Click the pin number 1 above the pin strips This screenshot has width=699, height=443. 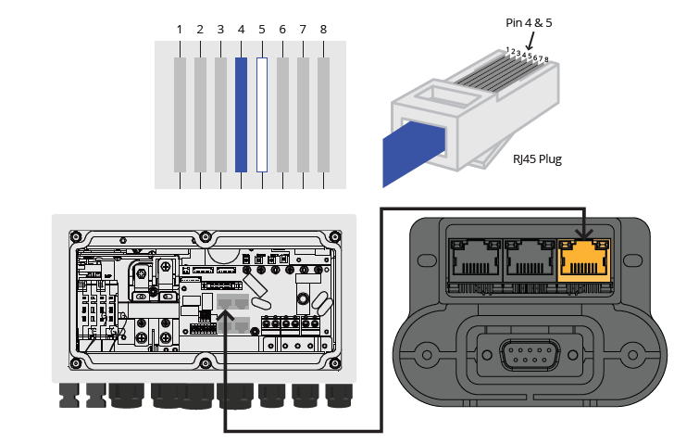coord(180,30)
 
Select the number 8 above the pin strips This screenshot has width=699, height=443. coord(323,30)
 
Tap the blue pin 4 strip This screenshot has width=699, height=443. coord(241,114)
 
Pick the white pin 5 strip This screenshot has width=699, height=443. coord(261,114)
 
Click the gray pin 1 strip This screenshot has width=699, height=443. coord(180,114)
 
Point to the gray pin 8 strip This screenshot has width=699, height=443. coord(323,114)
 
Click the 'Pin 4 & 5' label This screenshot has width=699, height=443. coord(530,21)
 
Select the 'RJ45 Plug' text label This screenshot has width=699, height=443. coord(537,159)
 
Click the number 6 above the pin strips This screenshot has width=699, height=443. coord(281,30)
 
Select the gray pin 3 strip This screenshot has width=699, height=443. coord(220,114)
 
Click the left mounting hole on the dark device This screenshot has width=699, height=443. coord(427,353)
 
